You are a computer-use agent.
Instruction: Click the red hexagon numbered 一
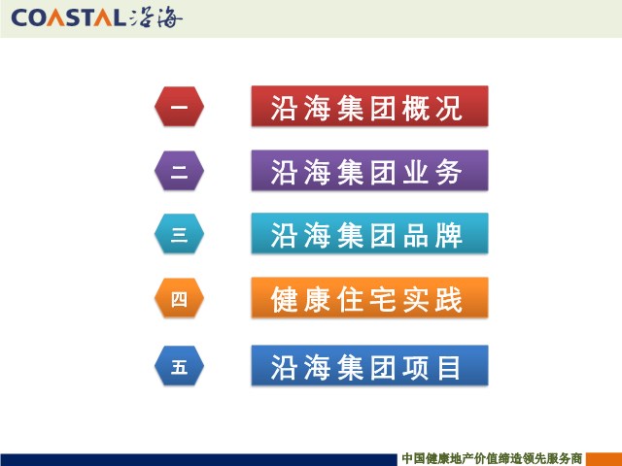pos(179,106)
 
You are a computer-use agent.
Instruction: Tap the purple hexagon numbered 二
pos(179,171)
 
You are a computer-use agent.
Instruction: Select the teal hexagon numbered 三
pos(179,234)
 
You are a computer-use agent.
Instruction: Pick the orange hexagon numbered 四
pos(179,298)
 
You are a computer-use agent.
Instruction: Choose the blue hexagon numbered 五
pos(179,366)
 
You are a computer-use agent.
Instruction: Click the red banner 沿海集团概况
pos(369,106)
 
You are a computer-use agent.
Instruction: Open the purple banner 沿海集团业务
pos(369,171)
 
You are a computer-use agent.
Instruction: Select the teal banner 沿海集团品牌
pos(369,233)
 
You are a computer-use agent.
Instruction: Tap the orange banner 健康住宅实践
pos(369,298)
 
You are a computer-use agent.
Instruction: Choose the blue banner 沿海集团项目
pos(369,365)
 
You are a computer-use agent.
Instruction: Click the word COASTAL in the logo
pos(66,17)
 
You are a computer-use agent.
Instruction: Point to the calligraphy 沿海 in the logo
pos(155,18)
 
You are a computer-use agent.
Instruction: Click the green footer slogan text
pos(492,459)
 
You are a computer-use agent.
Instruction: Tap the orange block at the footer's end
pos(605,459)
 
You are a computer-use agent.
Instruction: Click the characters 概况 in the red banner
pos(432,108)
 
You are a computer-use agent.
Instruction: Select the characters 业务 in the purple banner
pos(432,173)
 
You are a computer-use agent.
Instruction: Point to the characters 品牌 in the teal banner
pos(432,235)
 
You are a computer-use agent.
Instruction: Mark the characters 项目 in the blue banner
pos(432,367)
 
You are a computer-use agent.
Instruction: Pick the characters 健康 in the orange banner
pos(300,300)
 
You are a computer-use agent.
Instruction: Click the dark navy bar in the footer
pos(198,459)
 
